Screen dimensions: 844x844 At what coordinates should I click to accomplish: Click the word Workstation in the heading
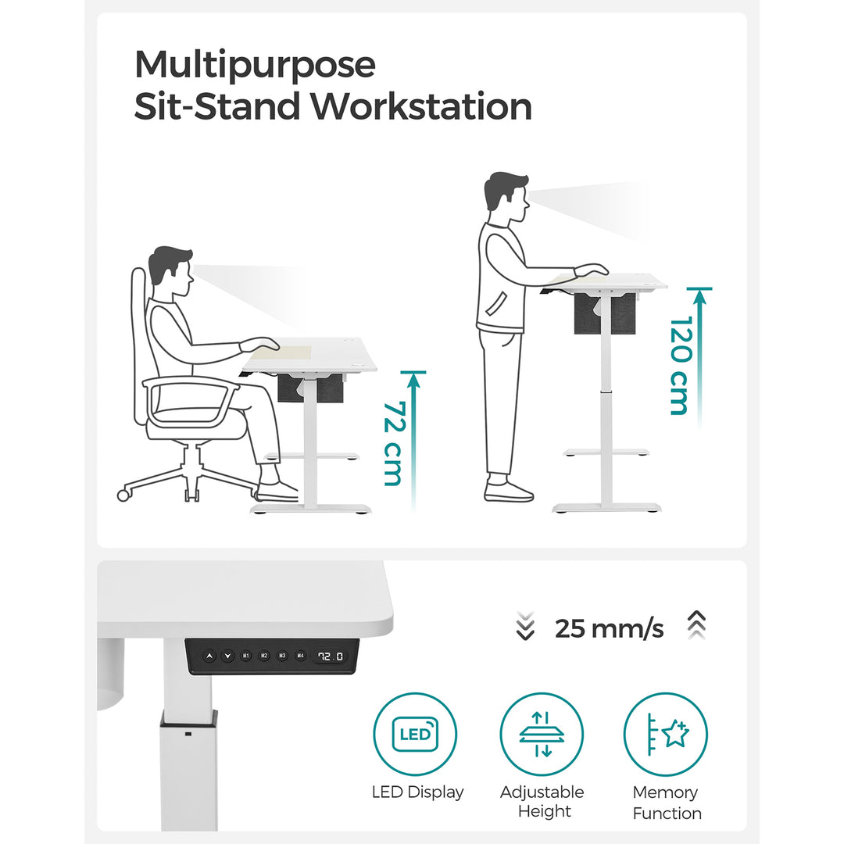(425, 107)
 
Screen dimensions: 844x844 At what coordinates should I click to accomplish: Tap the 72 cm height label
(392, 443)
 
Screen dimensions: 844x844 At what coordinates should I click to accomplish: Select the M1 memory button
(245, 656)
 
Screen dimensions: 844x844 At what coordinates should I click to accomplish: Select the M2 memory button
(264, 656)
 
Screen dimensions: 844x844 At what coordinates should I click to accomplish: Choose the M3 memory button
(282, 656)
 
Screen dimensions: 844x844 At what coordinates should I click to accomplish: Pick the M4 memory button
(300, 656)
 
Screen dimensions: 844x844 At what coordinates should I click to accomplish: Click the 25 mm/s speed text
(609, 628)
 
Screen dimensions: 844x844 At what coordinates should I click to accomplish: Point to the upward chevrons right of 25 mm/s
(696, 624)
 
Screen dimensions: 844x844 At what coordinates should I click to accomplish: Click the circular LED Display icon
(415, 734)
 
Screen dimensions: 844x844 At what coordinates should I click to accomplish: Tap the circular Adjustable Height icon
(542, 734)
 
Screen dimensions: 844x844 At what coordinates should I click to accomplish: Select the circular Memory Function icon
(666, 734)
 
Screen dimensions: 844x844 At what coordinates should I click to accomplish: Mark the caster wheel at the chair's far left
(123, 494)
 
